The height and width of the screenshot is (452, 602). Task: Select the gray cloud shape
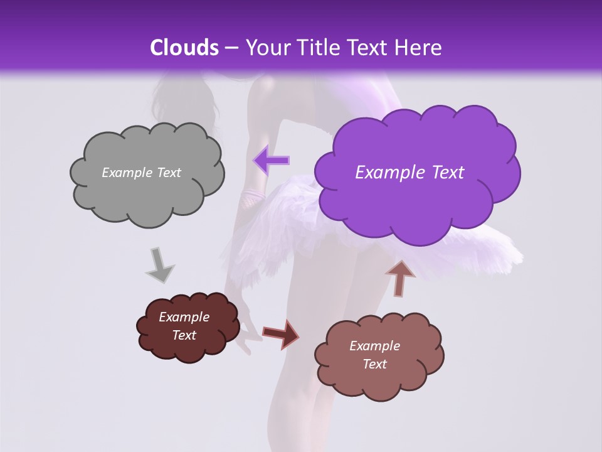point(147,195)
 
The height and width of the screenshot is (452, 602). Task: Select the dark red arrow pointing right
point(281,334)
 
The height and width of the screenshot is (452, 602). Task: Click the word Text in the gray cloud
point(167,173)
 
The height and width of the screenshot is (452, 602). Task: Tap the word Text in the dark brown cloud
point(184,335)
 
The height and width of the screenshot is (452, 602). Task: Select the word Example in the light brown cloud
point(374,346)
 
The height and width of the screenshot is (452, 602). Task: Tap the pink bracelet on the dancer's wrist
point(252,198)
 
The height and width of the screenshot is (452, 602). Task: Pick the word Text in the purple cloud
point(443,173)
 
